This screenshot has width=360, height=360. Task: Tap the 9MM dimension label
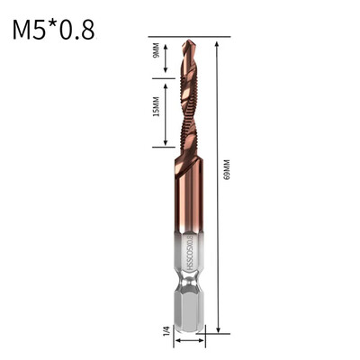[x=156, y=52]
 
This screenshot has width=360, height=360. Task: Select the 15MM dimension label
[x=156, y=109]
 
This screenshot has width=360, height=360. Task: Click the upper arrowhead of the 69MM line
[x=218, y=40]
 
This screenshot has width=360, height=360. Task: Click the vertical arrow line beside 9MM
[x=166, y=52]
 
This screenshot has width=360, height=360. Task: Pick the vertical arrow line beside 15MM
[x=166, y=109]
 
